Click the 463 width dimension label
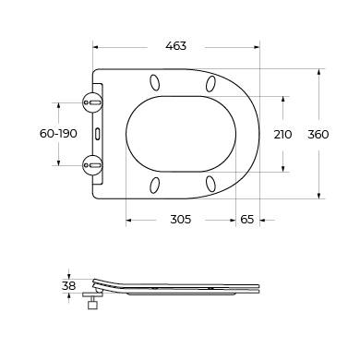coord(176,46)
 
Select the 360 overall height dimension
coord(318,134)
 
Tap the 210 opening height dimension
coord(282,134)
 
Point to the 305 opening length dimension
coord(181,220)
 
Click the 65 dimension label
coord(247,220)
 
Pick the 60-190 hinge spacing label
coord(58,134)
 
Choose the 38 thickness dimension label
coord(68,286)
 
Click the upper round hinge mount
coord(92,102)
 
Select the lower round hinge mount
coord(92,165)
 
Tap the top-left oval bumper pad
coord(155,82)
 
